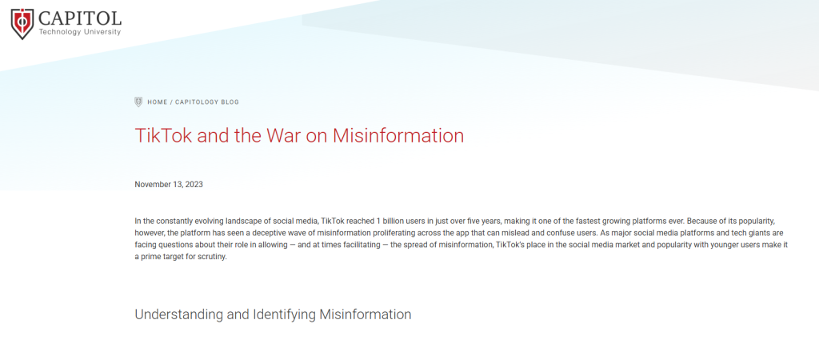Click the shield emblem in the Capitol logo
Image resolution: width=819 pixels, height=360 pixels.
point(22,23)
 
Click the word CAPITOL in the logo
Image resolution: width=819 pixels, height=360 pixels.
point(80,18)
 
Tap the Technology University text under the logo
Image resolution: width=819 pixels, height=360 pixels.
point(80,32)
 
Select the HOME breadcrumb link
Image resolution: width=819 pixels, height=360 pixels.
point(158,102)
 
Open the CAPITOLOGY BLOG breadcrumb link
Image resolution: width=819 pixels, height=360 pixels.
point(207,102)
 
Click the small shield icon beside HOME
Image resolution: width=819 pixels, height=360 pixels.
point(138,102)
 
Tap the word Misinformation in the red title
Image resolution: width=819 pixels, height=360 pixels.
point(398,135)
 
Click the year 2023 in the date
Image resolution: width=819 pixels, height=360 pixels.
point(194,185)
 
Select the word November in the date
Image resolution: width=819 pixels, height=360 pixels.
point(153,185)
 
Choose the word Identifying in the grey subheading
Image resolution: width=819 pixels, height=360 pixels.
point(284,314)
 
